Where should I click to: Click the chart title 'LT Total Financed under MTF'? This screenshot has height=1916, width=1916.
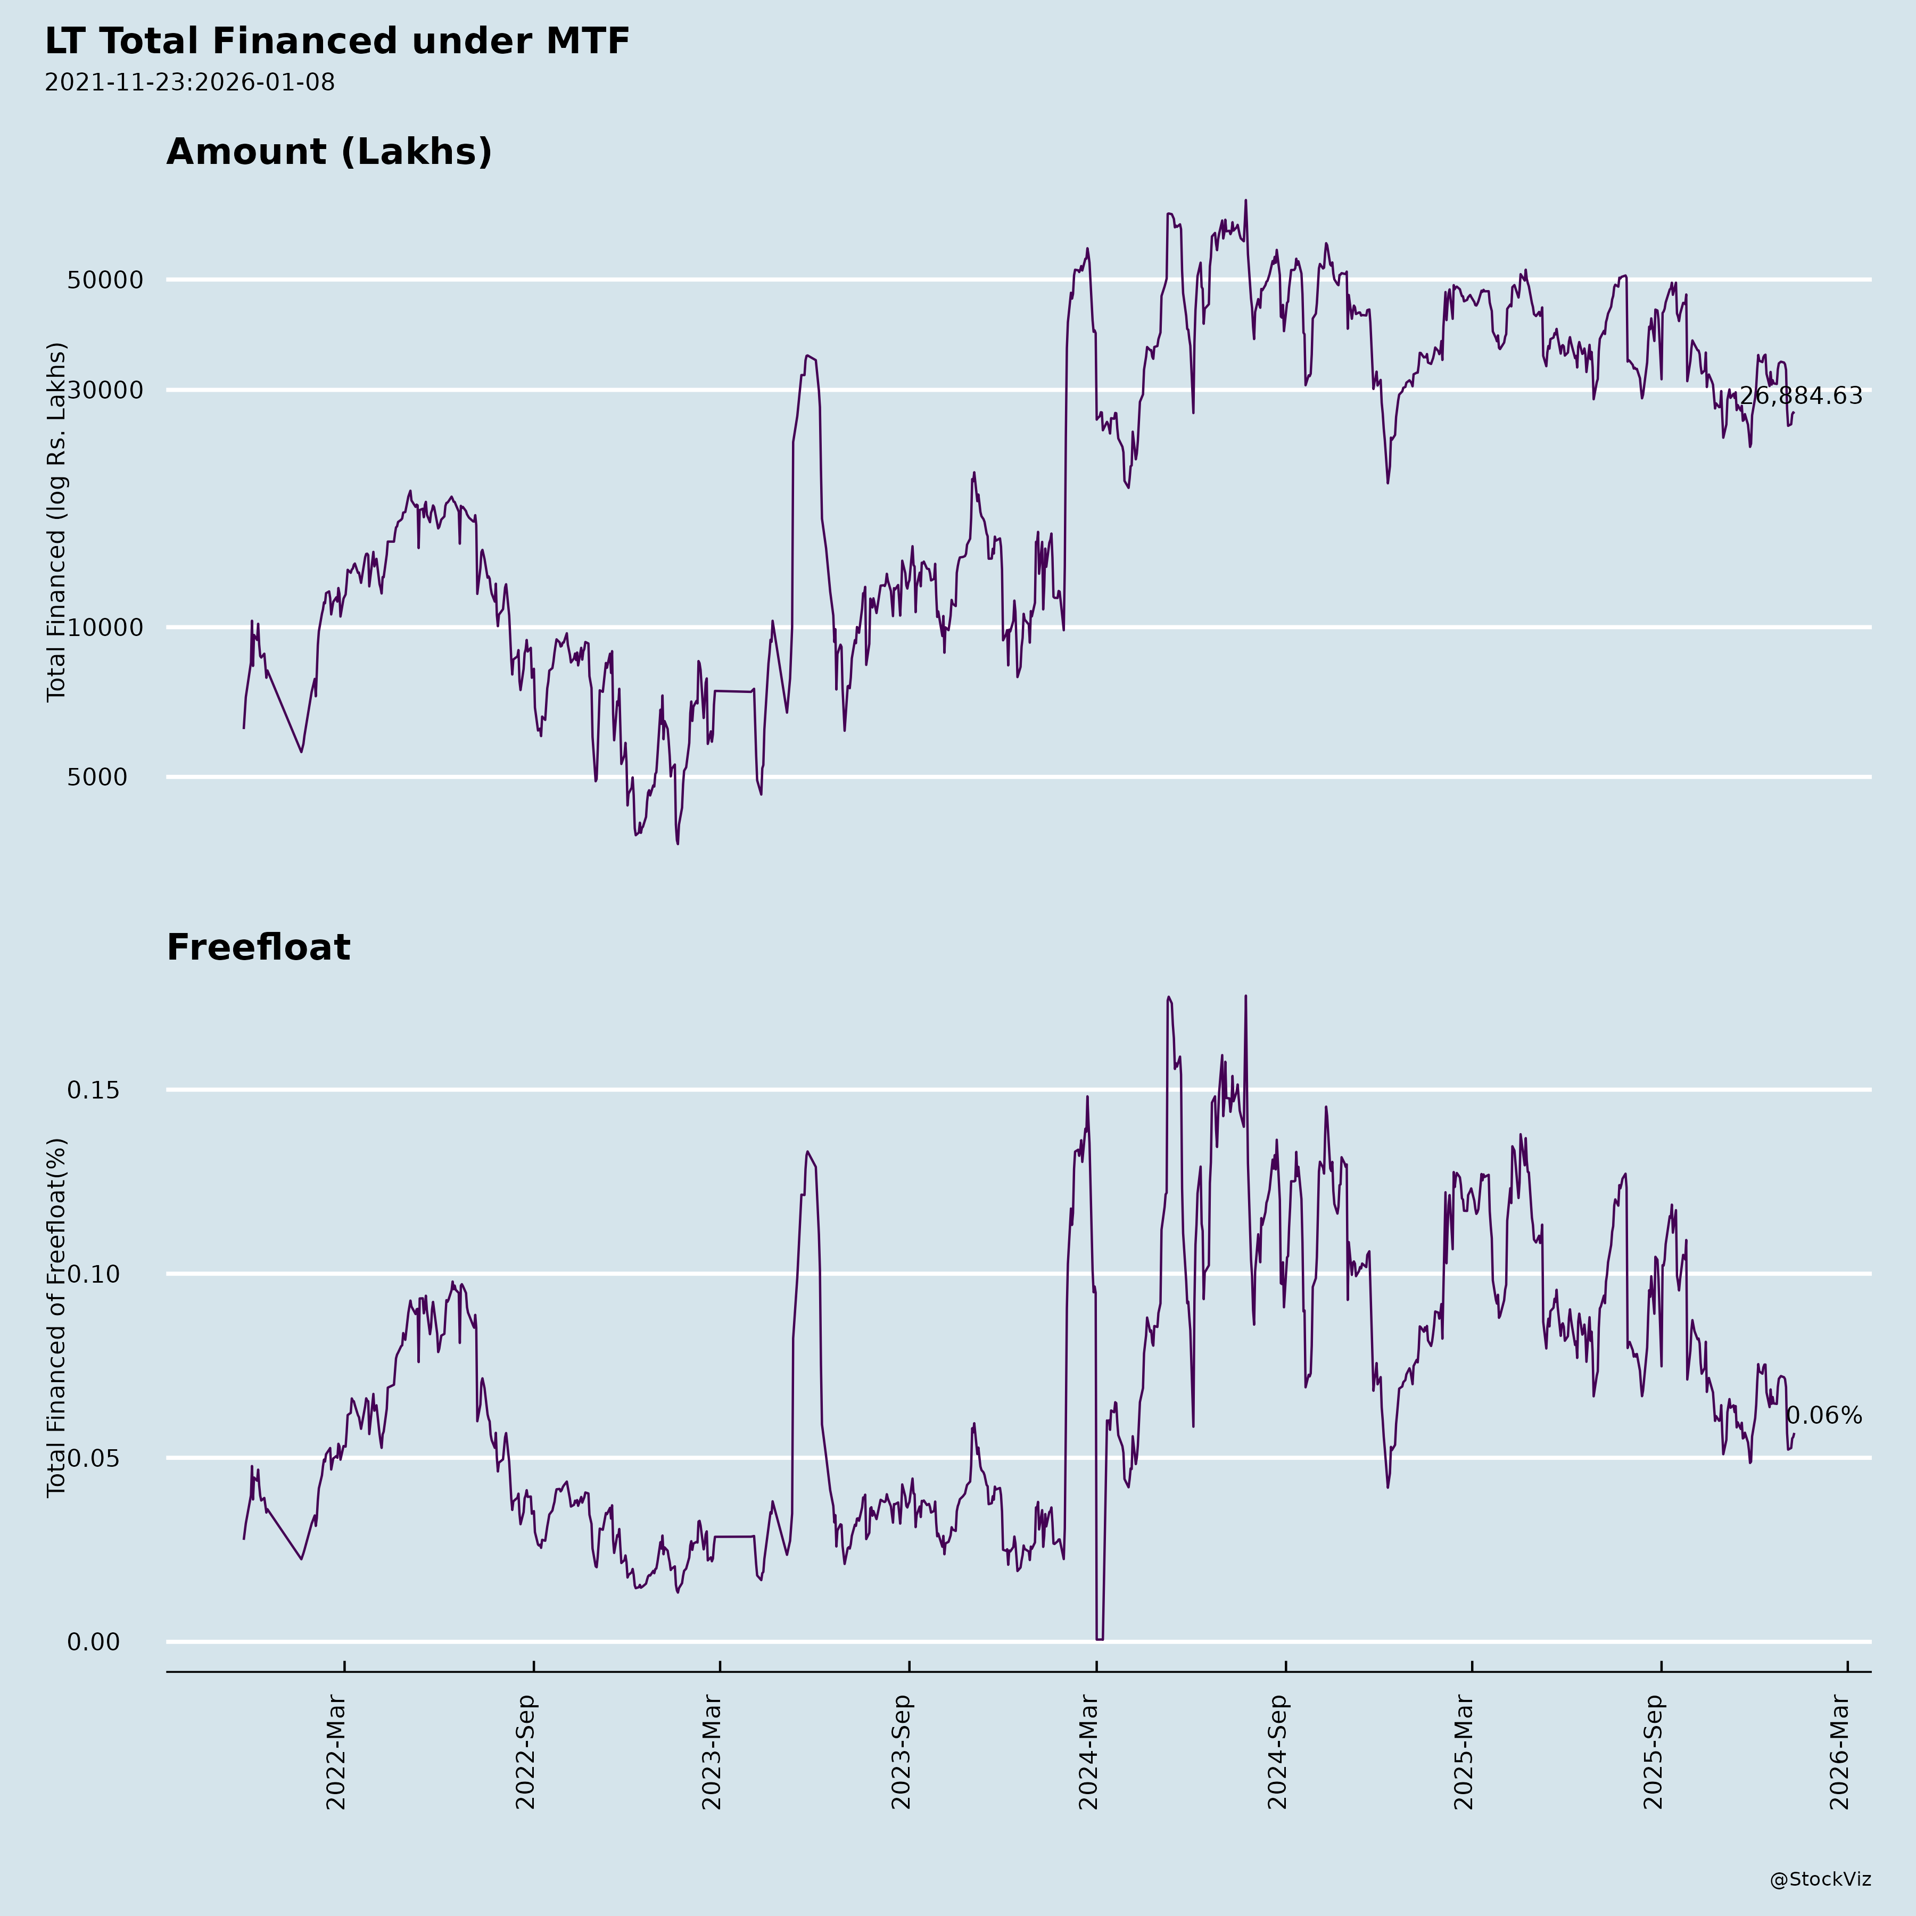pyautogui.click(x=337, y=42)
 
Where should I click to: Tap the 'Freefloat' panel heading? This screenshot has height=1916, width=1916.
pyautogui.click(x=258, y=947)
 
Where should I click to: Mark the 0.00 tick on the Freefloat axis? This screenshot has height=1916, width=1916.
pyautogui.click(x=93, y=1642)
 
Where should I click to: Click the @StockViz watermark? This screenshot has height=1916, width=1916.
pyautogui.click(x=1821, y=1879)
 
